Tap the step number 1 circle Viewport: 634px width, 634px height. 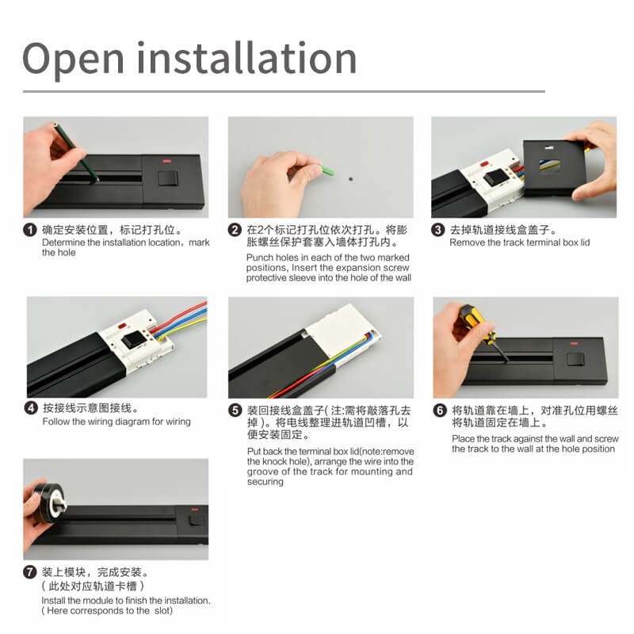(x=30, y=230)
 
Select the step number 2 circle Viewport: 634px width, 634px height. (x=235, y=230)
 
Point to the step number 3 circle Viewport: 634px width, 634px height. (x=438, y=230)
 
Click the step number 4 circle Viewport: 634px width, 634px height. (x=31, y=408)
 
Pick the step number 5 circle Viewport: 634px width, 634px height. (x=235, y=411)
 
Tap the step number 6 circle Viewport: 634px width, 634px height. (x=440, y=411)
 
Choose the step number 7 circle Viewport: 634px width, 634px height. (x=30, y=572)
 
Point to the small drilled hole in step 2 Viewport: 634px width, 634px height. (x=350, y=179)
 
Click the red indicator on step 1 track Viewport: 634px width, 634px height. (x=166, y=161)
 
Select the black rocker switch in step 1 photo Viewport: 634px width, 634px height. (x=168, y=178)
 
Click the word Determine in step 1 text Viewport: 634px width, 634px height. (x=63, y=243)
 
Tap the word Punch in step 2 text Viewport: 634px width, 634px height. (x=260, y=258)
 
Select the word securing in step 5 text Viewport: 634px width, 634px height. (x=265, y=482)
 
